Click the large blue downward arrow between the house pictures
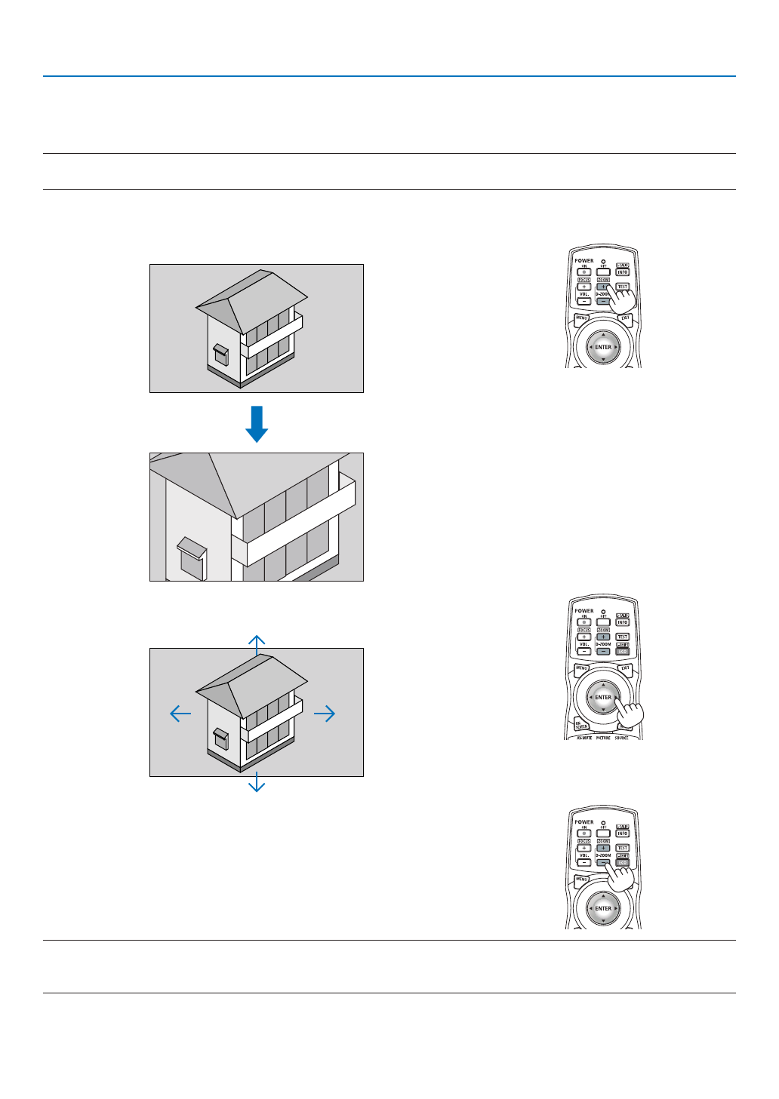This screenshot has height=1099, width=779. (x=257, y=423)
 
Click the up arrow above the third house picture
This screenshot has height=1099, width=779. (x=257, y=643)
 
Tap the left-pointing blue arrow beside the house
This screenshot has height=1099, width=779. (x=180, y=713)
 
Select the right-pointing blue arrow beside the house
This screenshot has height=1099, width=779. (x=325, y=713)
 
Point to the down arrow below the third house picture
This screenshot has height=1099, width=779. (x=257, y=782)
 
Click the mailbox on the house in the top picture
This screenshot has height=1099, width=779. (x=220, y=353)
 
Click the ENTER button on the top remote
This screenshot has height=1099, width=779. (x=603, y=347)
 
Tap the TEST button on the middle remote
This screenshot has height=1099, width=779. (x=623, y=637)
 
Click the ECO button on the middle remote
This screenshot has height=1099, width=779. (x=623, y=650)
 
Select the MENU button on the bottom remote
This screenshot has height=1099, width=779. (x=582, y=879)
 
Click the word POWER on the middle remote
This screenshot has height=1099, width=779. (x=584, y=611)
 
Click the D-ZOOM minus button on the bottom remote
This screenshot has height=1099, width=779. (x=603, y=862)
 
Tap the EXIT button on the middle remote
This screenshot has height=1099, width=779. (x=625, y=668)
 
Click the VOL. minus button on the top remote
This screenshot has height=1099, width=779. (x=584, y=301)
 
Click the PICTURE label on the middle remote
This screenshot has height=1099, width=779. (x=603, y=738)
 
